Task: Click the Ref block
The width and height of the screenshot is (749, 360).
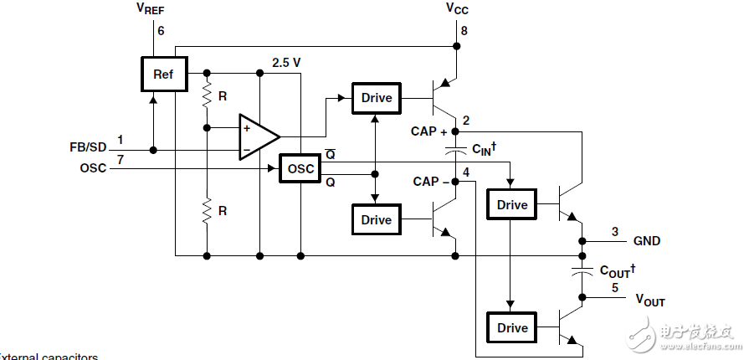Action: [x=162, y=75]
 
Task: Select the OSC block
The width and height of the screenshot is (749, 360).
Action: [x=300, y=168]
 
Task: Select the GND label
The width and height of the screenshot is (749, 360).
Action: [x=646, y=241]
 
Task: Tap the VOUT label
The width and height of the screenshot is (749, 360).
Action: [x=650, y=300]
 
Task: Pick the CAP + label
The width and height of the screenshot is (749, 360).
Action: [x=429, y=131]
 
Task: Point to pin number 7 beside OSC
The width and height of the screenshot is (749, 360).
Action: [x=120, y=159]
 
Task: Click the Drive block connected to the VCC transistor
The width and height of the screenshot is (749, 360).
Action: [x=377, y=98]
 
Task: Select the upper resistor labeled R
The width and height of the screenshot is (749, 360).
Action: [x=206, y=100]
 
